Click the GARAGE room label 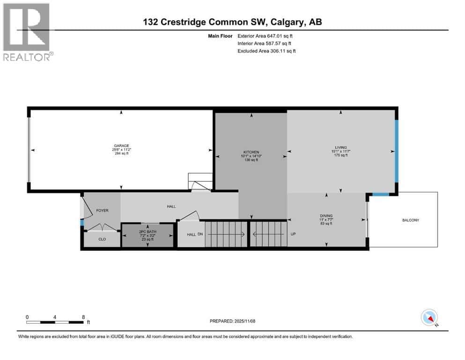[120, 145]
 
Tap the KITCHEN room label [251, 152]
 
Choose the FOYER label [102, 210]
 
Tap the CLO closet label [102, 239]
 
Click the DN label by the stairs [200, 234]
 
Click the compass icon [429, 317]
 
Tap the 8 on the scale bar [83, 317]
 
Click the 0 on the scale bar [27, 317]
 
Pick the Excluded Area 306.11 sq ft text [266, 51]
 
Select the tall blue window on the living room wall [396, 151]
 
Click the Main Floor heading [220, 36]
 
